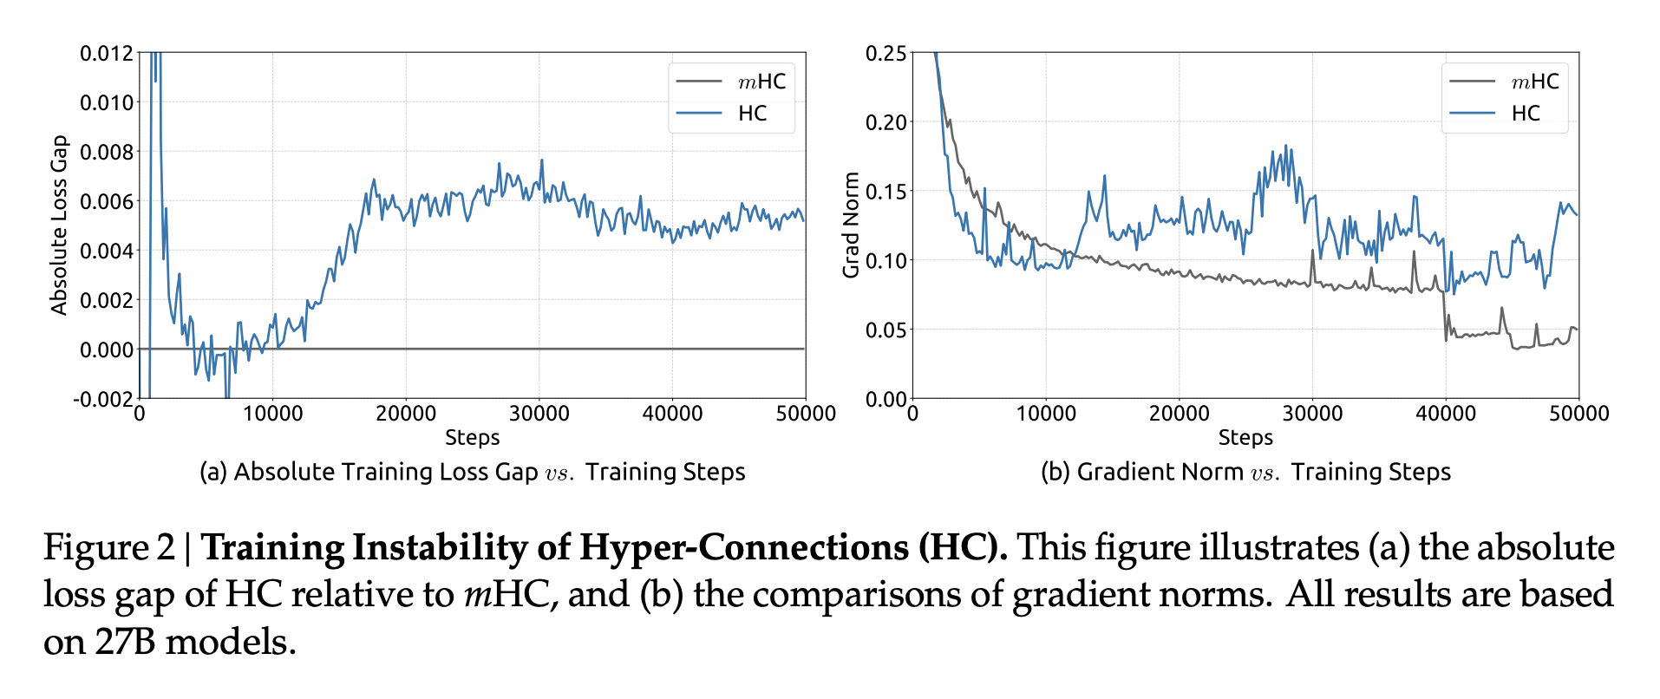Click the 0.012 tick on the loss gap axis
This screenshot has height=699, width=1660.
coord(107,54)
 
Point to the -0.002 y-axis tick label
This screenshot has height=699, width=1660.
coord(103,400)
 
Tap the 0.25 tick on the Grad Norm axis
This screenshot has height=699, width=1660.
coord(886,54)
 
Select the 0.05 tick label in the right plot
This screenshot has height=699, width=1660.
coord(886,330)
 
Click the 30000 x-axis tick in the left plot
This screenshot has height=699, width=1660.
coord(539,415)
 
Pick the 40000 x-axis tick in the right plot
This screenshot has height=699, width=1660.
coord(1446,415)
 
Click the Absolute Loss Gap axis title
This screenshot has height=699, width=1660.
coord(59,225)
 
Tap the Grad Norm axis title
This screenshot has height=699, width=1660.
coord(851,225)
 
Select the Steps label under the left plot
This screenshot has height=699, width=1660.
coord(472,438)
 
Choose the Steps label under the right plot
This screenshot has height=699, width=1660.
coord(1245,438)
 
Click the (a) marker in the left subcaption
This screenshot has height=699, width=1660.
coord(213,472)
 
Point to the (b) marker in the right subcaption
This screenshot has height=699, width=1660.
coord(1055,472)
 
